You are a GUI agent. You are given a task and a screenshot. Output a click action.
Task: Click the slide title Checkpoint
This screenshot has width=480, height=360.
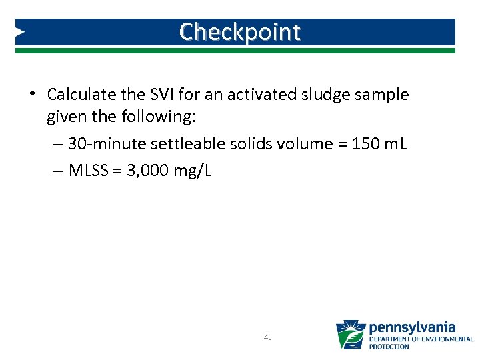(240, 31)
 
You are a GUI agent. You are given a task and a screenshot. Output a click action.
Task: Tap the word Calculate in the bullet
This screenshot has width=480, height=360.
(79, 95)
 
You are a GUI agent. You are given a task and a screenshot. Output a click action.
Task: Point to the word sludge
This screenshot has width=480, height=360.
(326, 95)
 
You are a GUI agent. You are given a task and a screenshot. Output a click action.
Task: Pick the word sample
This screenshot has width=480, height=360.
(383, 95)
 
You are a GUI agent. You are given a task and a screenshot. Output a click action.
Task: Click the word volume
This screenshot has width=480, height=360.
(291, 145)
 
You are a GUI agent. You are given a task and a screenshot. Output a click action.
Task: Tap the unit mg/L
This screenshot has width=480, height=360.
(193, 171)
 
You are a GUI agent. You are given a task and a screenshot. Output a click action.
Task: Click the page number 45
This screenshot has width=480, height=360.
(267, 337)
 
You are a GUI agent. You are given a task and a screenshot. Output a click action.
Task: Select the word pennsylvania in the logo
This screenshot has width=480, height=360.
(412, 327)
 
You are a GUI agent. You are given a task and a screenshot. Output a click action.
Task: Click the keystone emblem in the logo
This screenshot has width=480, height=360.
(350, 335)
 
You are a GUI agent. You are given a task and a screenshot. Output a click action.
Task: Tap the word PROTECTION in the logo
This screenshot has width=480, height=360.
(390, 347)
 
